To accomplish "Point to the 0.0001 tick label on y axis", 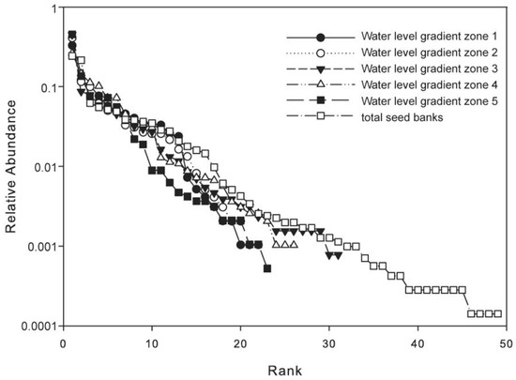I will pos(31,327).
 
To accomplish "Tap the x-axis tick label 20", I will pos(241,343).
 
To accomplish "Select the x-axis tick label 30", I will pos(329,343).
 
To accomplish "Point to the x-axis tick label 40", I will pos(418,343).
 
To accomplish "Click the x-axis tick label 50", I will pos(508,343).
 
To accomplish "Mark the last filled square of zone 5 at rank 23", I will pos(267,268).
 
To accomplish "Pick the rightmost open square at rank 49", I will pos(498,313).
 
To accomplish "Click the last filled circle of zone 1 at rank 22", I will pos(258,245).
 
